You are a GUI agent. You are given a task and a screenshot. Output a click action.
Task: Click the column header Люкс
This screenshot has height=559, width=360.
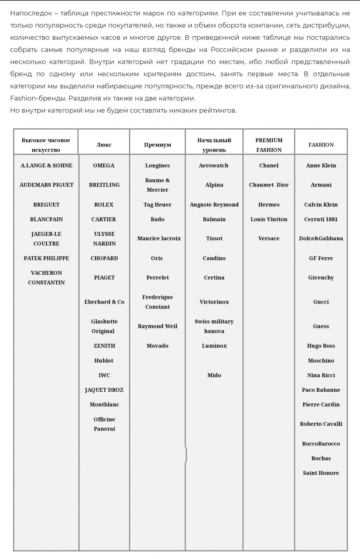(x=104, y=145)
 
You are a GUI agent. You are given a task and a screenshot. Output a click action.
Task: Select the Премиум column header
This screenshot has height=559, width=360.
(x=158, y=145)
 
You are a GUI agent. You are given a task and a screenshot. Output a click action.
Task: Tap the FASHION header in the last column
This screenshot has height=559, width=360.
(x=321, y=145)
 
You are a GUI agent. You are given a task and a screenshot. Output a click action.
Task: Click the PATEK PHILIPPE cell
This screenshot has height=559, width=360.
(x=46, y=258)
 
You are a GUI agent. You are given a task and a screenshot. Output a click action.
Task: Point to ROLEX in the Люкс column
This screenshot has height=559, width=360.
(x=104, y=204)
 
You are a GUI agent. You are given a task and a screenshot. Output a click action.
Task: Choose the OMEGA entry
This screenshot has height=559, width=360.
(x=104, y=166)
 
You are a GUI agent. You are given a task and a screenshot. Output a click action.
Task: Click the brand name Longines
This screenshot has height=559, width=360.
(x=158, y=166)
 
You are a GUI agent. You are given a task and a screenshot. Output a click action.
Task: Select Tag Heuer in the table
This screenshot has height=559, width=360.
(x=158, y=204)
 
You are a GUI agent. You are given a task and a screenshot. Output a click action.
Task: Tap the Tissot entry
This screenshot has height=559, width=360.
(x=214, y=238)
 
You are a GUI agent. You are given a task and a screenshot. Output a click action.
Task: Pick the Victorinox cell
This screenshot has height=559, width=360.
(x=214, y=302)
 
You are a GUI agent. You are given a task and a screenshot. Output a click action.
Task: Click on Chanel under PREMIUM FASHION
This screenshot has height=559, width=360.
(x=269, y=166)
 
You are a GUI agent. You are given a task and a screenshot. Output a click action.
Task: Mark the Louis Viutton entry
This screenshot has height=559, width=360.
(x=269, y=219)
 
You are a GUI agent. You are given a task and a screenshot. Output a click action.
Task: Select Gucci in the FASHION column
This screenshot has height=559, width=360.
(x=321, y=302)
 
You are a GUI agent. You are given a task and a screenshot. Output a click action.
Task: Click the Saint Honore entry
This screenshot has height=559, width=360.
(x=321, y=473)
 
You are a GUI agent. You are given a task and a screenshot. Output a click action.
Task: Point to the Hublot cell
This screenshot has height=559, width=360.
(x=104, y=361)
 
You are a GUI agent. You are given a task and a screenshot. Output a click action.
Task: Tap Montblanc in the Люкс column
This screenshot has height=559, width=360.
(x=104, y=404)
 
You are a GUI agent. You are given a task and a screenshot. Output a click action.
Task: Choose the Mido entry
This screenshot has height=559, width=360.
(x=214, y=375)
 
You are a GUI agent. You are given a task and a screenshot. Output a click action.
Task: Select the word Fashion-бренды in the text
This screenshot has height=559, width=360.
(x=38, y=98)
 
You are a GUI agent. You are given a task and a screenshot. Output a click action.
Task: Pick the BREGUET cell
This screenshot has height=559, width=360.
(x=46, y=204)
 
